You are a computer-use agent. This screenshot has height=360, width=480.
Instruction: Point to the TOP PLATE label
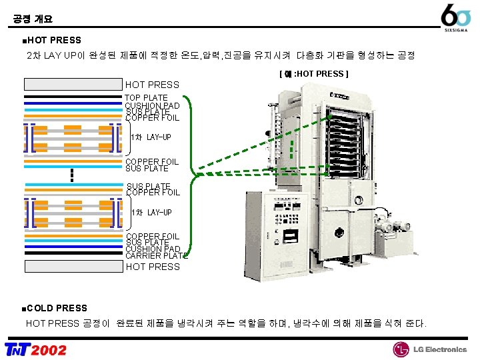coord(147,98)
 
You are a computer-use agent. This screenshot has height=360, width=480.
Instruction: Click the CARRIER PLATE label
coord(157,255)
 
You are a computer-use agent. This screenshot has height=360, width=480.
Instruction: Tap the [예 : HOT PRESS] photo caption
coord(313,74)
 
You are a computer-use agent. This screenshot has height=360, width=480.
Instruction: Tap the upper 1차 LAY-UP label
coord(151,137)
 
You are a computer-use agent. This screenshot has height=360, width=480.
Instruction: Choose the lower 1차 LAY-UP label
coord(151,213)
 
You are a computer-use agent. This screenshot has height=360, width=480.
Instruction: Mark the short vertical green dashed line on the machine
coord(293,155)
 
